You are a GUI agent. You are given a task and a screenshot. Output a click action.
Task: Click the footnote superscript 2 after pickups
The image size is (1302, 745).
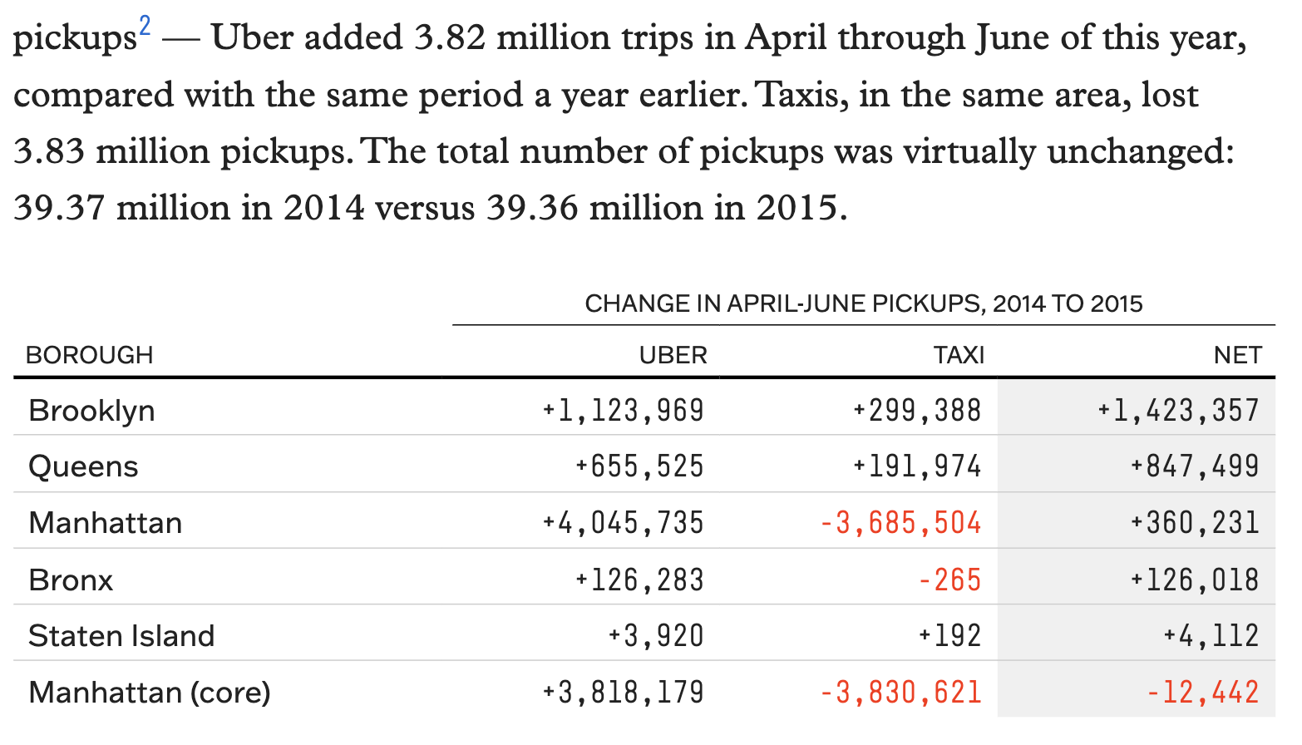pos(145,27)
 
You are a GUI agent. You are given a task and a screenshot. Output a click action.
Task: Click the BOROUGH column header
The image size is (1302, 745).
pos(90,355)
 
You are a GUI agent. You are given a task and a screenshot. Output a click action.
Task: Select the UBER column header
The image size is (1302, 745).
pos(673,355)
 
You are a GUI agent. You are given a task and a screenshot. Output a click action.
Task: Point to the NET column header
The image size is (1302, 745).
pos(1237,355)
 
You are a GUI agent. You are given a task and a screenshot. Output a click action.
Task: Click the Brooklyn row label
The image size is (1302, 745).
pos(91,411)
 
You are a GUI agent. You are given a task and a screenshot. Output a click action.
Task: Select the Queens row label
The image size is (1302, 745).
pos(83,466)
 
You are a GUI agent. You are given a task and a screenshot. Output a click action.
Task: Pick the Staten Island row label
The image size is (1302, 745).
pos(121,636)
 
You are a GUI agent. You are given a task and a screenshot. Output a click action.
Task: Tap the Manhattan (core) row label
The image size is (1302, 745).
pos(150,693)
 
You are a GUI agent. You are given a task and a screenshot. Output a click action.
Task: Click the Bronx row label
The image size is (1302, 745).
pos(71,580)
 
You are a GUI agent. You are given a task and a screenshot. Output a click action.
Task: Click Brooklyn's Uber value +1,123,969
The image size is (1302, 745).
pos(623,411)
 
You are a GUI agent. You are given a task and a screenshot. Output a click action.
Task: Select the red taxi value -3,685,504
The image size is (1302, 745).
pos(900,523)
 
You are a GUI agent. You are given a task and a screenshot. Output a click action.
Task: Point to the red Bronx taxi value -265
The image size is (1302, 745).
pos(949,580)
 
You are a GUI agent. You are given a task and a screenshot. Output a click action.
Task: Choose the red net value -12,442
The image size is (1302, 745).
pos(1202,693)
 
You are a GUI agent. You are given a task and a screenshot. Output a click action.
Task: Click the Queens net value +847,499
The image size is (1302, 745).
pos(1194,466)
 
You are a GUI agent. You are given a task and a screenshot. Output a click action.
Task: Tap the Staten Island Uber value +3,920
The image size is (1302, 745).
pos(655,636)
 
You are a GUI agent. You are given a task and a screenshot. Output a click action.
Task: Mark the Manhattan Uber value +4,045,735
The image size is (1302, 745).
pos(623,523)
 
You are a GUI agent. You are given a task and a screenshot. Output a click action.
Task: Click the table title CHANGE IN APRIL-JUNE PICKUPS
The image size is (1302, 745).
pos(863,303)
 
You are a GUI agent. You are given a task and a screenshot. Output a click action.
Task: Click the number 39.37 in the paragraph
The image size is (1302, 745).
pos(59,208)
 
